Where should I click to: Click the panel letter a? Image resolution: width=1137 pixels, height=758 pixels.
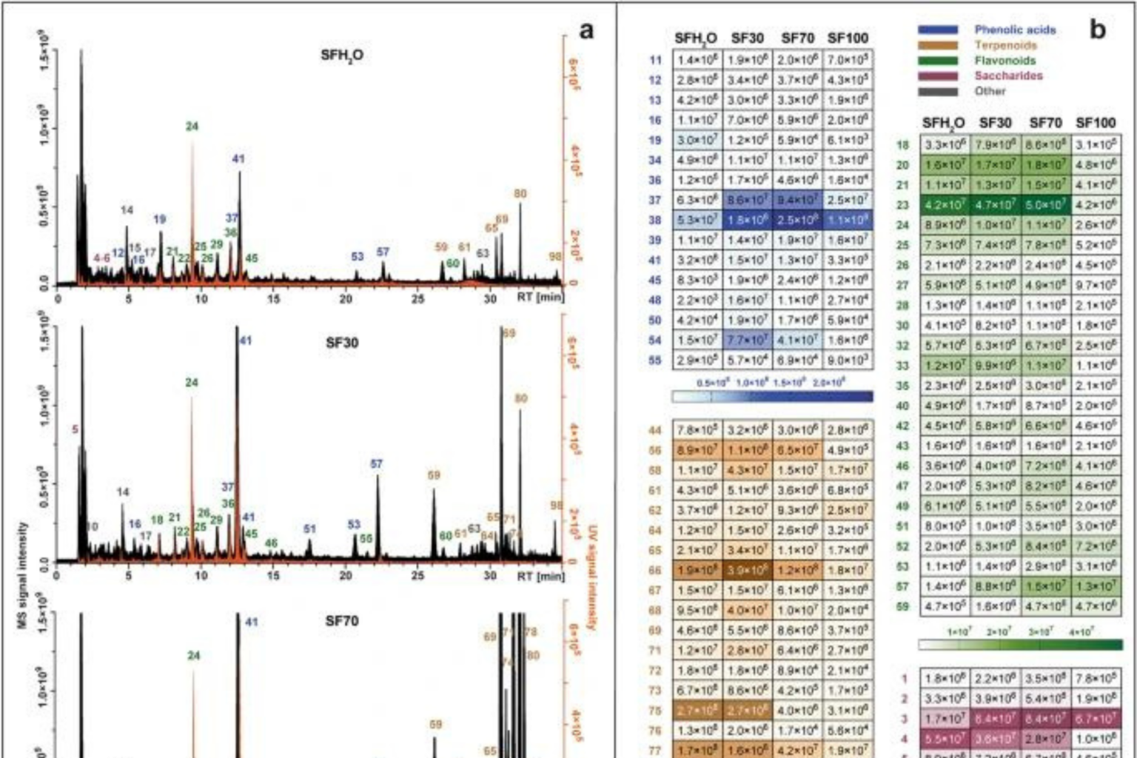point(586,31)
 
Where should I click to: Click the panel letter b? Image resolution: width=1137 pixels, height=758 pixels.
point(1098,30)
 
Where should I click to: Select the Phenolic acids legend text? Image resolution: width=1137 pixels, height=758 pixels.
point(1015,30)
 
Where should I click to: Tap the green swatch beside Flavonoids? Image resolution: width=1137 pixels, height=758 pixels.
point(938,61)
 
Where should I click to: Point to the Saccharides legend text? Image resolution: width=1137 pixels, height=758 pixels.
point(1008,76)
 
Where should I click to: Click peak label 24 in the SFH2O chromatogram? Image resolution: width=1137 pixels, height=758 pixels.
point(192,127)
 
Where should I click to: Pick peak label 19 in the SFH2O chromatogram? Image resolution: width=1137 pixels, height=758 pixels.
point(160,219)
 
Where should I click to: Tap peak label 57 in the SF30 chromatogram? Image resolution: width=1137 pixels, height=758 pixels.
point(376,464)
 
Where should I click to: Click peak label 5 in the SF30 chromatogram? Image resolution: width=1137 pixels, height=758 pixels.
point(75,429)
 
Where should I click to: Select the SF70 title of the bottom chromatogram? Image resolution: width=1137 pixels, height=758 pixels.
point(342,621)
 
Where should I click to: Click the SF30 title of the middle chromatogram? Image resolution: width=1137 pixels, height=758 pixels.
point(342,343)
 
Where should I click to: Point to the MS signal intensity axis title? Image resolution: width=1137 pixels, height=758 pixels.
point(22,576)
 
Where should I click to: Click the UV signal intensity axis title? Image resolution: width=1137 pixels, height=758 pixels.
point(592,577)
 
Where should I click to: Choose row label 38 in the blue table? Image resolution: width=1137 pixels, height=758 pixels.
point(654,221)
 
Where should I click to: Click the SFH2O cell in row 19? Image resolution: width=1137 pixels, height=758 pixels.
point(696,140)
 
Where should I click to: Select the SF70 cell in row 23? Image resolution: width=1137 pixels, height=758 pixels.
point(1045,205)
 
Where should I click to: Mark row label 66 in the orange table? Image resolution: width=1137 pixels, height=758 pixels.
point(654,570)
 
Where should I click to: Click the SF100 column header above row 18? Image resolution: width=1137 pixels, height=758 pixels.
point(1096,123)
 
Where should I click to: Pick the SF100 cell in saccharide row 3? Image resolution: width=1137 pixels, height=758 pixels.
point(1096,719)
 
